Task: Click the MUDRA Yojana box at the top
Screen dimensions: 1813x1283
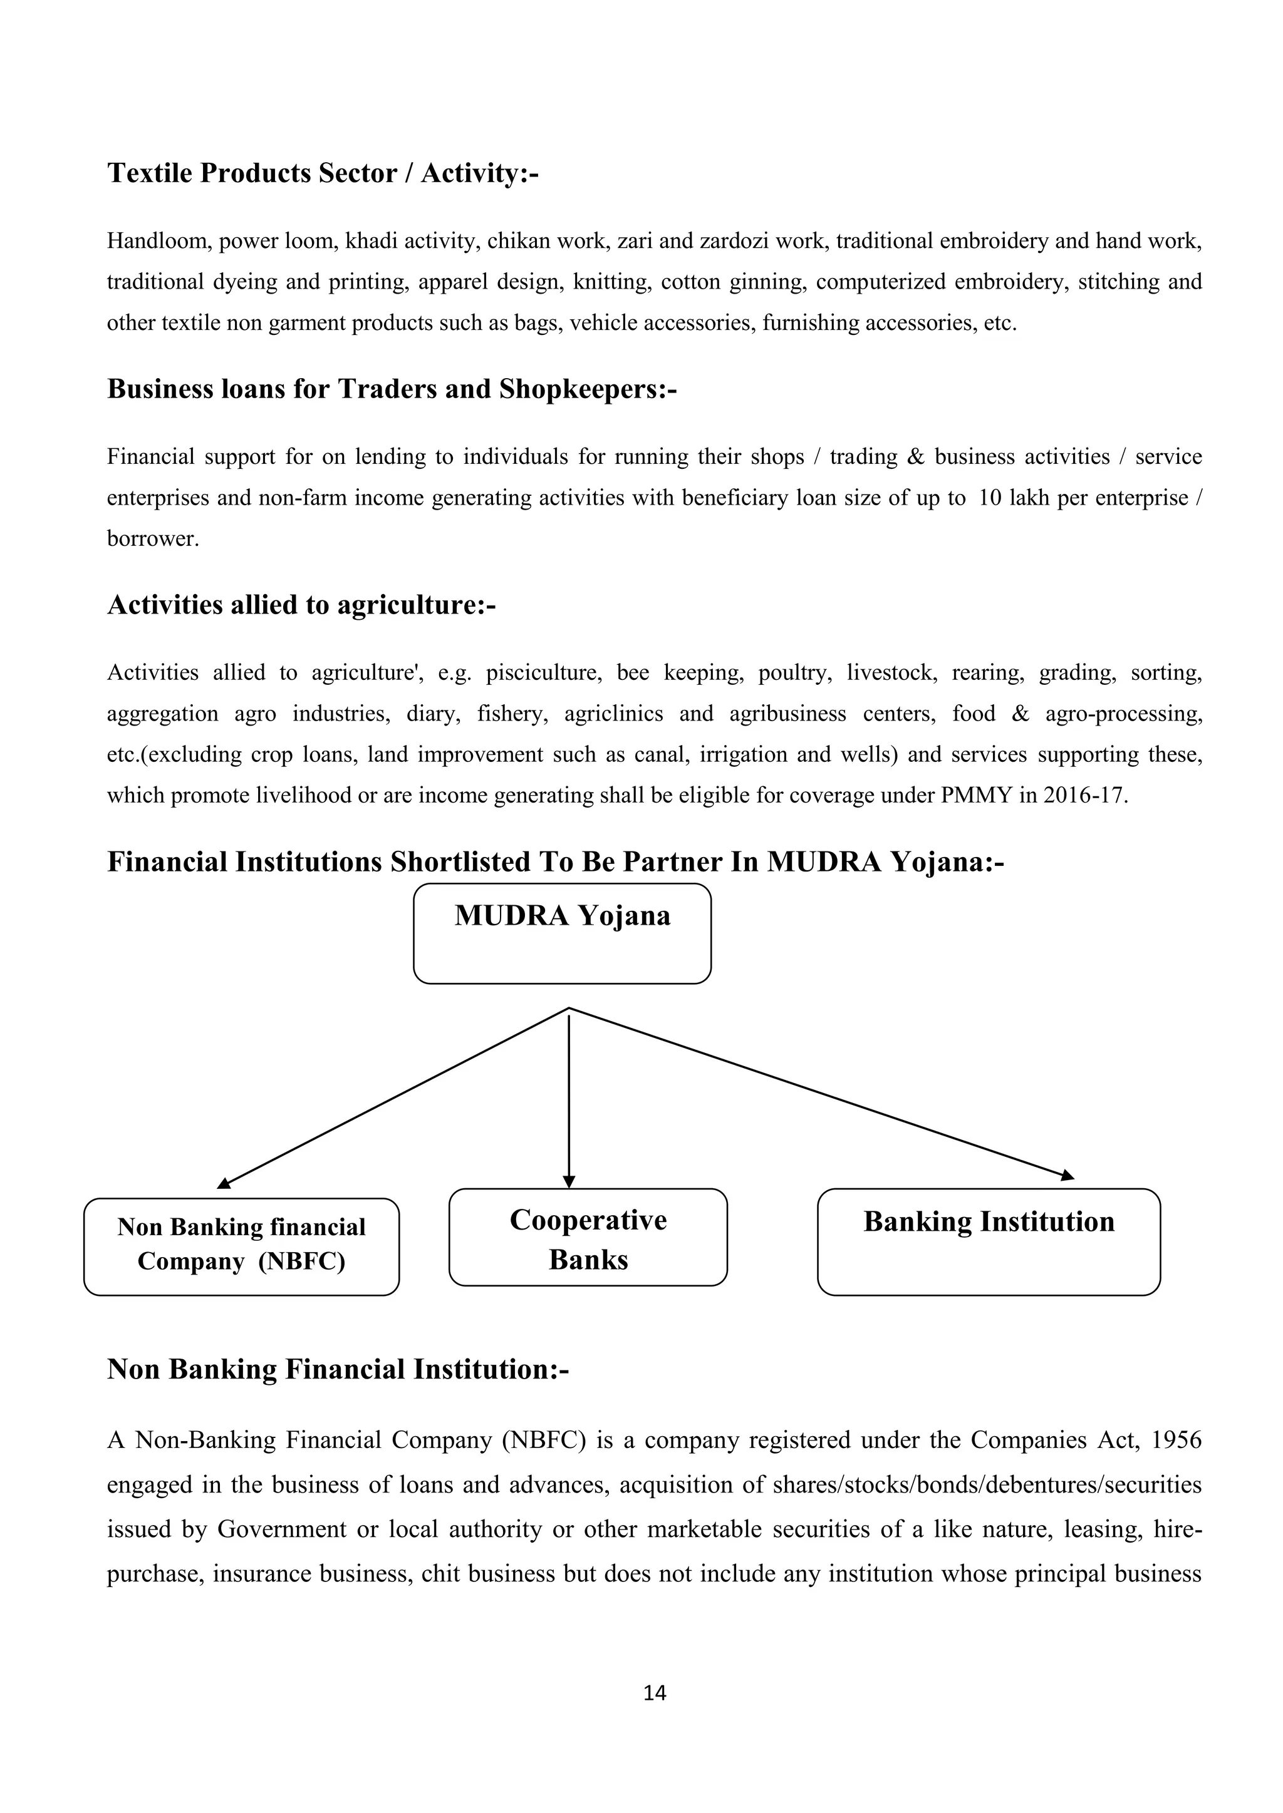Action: coord(562,933)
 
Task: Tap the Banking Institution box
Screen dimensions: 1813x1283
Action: coord(989,1241)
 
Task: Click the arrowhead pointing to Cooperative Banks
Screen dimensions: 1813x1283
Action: coord(569,1181)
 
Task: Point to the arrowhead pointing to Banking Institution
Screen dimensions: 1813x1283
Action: coord(1067,1176)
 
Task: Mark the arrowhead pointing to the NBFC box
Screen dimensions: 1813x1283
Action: coord(224,1183)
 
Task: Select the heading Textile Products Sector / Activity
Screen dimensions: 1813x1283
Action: coord(323,173)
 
